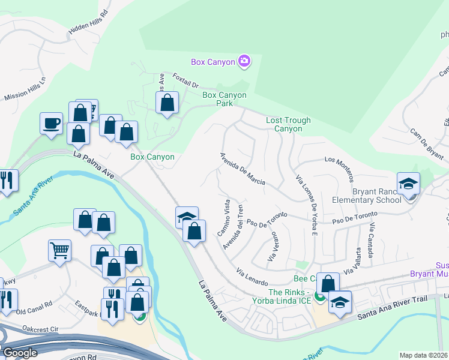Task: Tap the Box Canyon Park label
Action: tap(224, 99)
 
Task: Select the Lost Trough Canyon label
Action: tap(288, 124)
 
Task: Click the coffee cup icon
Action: tap(51, 124)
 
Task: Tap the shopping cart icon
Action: tap(60, 251)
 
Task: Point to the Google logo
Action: tap(19, 352)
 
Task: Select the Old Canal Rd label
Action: tap(34, 311)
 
